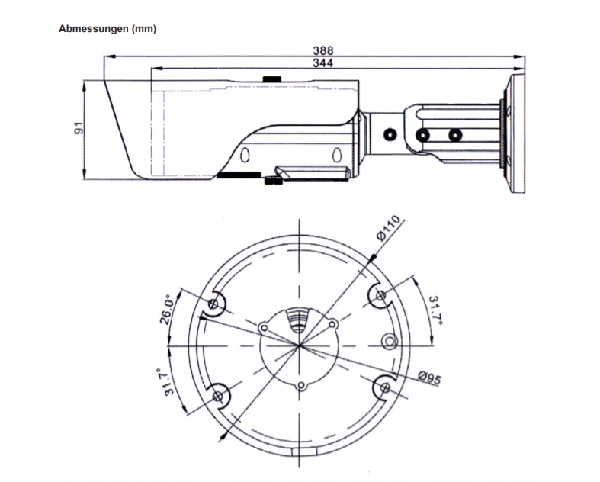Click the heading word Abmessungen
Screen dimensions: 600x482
click(x=93, y=29)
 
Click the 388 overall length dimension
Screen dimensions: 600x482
click(x=323, y=50)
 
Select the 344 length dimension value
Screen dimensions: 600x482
click(x=323, y=63)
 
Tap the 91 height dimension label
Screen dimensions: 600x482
click(x=79, y=128)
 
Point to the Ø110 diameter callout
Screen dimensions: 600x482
click(x=388, y=228)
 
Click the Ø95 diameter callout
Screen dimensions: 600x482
click(x=429, y=378)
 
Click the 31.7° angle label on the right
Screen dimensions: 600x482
click(x=435, y=310)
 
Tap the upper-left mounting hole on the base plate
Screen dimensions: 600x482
click(x=213, y=304)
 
